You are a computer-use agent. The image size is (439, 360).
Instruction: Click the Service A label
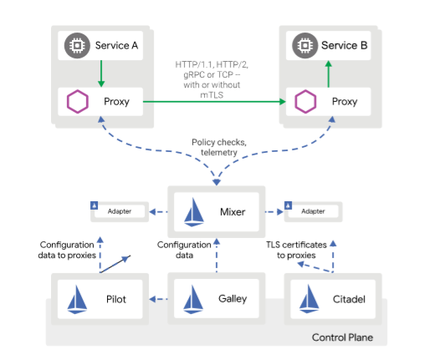pos(116,45)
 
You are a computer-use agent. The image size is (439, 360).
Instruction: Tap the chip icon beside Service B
pos(305,46)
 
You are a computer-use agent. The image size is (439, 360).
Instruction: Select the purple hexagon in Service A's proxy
pos(78,102)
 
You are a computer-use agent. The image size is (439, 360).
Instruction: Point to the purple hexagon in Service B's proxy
pos(305,102)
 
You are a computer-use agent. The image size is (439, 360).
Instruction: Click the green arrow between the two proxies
pos(214,102)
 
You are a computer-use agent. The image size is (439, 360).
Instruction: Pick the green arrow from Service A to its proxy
pos(101,74)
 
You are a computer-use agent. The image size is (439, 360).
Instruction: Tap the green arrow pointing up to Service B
pos(329,74)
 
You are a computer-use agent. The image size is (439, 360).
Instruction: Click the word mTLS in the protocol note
pos(212,95)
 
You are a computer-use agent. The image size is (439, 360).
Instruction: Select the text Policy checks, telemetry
pos(219,147)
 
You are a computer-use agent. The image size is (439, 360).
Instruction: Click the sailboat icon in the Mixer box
pos(194,212)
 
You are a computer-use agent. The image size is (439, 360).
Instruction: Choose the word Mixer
pos(232,212)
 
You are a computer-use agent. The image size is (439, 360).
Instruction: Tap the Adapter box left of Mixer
pos(120,211)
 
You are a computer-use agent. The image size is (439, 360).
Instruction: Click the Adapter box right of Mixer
pos(314,211)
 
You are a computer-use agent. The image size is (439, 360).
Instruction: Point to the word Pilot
pos(116,299)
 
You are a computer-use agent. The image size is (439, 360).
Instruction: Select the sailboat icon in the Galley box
pos(193,299)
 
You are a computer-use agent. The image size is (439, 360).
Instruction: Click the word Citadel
pos(349,299)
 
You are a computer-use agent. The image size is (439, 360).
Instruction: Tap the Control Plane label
pos(342,337)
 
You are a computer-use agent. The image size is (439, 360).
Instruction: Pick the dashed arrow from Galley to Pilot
pos(159,299)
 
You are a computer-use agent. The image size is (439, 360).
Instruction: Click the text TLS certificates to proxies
pos(296,250)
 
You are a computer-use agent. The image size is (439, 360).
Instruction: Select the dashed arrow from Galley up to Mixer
pos(217,255)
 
